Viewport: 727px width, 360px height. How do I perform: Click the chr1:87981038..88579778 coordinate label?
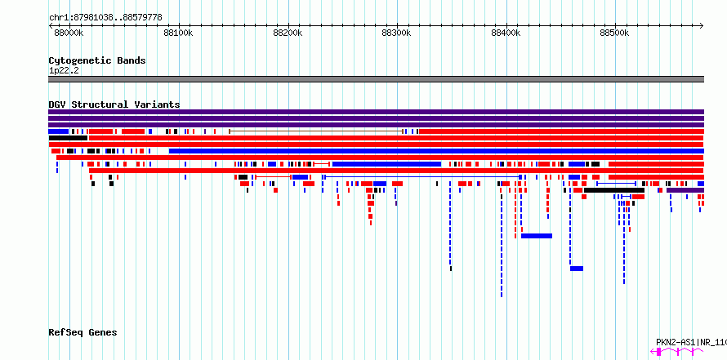[x=105, y=17]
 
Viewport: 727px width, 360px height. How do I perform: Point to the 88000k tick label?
[x=69, y=33]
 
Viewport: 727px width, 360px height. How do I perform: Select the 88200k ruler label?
[x=288, y=33]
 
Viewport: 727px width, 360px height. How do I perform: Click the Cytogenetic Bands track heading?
[x=97, y=60]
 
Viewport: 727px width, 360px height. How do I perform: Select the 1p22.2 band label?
[x=64, y=70]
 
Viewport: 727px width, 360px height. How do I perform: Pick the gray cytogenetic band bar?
[x=376, y=79]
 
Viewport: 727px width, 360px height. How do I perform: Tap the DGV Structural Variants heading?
[x=114, y=104]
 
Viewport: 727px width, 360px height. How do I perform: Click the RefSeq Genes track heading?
[x=83, y=333]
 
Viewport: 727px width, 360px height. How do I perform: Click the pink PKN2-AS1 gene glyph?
[x=677, y=352]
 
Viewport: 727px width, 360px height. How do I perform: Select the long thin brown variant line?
[x=316, y=131]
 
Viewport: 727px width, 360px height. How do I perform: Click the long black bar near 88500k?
[x=614, y=190]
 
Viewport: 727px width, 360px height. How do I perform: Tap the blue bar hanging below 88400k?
[x=537, y=236]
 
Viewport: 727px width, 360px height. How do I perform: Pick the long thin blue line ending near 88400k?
[x=422, y=177]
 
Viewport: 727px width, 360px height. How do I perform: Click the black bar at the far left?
[x=68, y=138]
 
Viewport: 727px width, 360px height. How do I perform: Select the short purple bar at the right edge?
[x=685, y=190]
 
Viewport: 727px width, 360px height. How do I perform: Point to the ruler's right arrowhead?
[x=702, y=26]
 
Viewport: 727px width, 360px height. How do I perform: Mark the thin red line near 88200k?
[x=273, y=177]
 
